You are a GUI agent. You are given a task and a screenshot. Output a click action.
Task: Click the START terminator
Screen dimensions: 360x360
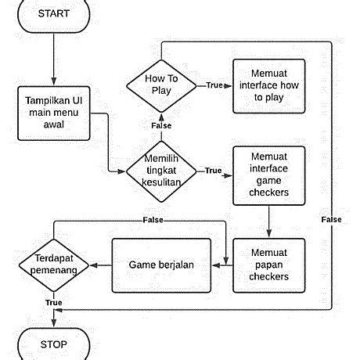point(53,13)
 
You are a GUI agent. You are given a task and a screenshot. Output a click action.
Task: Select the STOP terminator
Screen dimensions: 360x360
point(53,344)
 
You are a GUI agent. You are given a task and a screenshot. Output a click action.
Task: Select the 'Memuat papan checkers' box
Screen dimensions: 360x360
point(268,265)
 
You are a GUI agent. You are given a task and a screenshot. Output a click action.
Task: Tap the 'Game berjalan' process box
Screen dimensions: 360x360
point(161,265)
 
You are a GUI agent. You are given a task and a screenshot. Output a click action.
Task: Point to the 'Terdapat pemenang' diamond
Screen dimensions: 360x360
point(53,265)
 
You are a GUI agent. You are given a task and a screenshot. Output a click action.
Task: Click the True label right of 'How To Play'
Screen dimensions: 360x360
point(213,85)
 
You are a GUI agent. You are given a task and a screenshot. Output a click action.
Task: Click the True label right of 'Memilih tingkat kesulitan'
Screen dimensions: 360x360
point(212,170)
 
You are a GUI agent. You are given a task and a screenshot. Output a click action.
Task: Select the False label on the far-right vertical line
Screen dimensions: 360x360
point(331,220)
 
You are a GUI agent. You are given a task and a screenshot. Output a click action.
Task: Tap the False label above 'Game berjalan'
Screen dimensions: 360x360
point(153,221)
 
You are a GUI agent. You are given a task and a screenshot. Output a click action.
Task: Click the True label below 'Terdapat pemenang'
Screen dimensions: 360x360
point(53,301)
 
